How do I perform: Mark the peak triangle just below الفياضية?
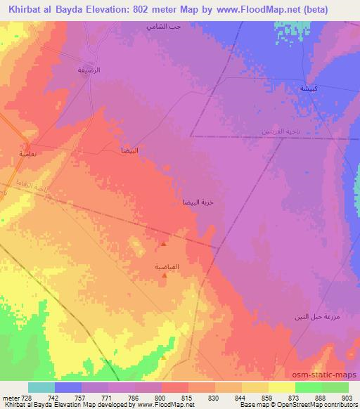coord(165,275)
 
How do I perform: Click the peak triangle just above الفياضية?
coord(164,245)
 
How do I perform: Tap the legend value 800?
coord(160,397)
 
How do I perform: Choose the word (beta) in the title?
coord(330,8)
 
